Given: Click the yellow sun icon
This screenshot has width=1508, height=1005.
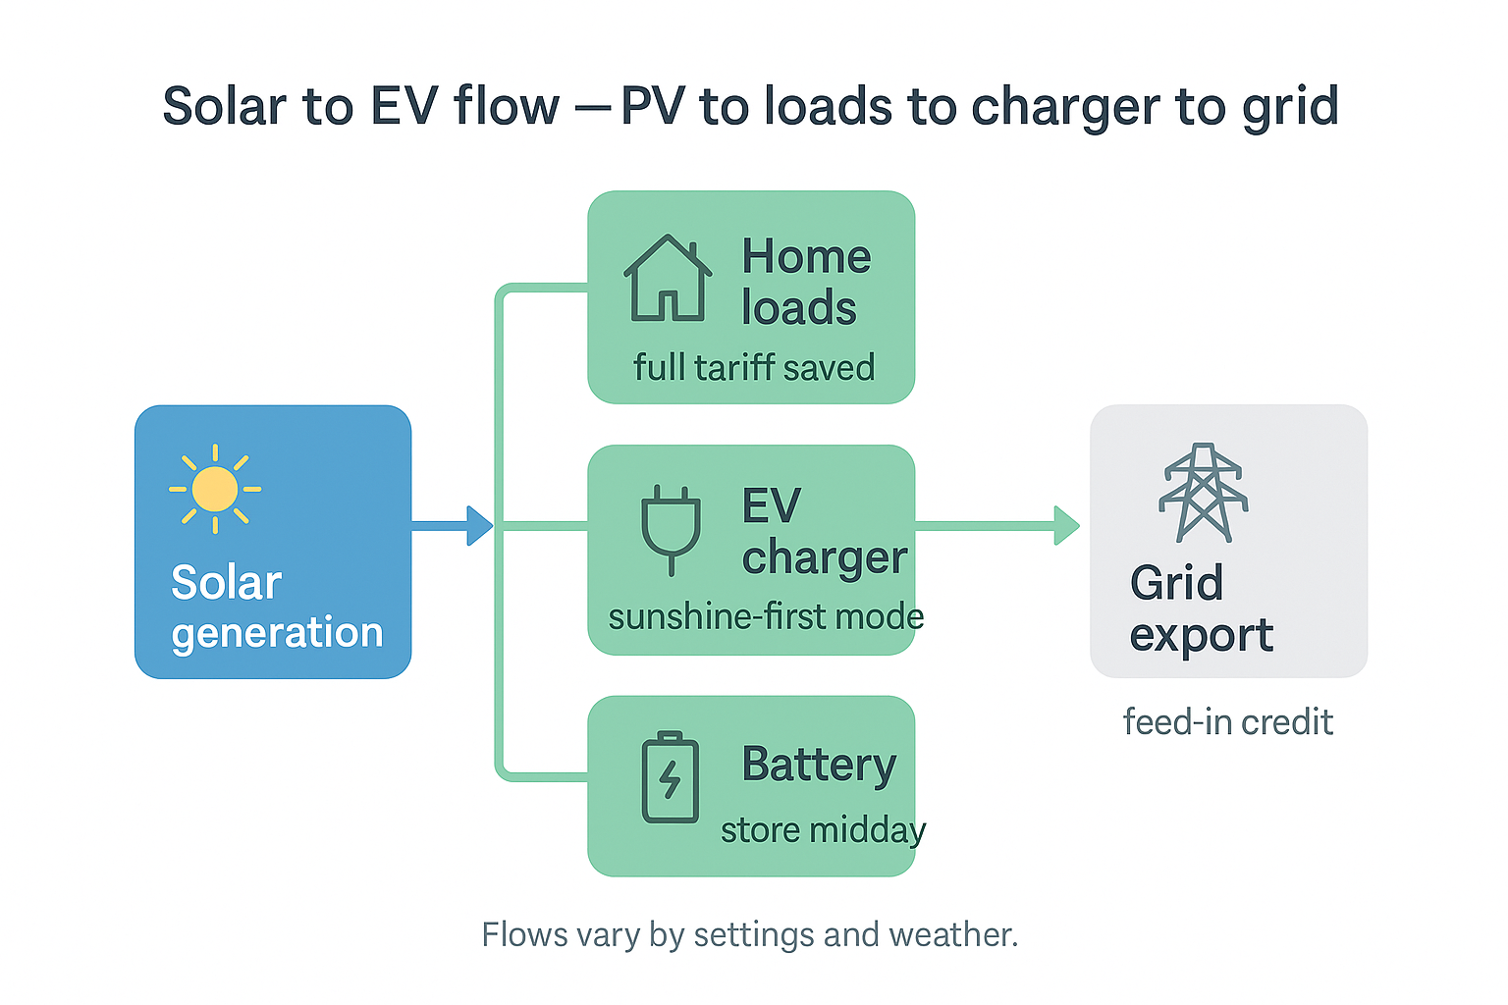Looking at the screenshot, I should coord(215,489).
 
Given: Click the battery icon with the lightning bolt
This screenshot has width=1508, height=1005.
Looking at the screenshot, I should coord(670,778).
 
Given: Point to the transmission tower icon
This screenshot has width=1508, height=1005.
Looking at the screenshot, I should coord(1204,493).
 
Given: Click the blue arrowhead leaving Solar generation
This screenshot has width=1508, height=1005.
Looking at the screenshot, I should coord(479,526).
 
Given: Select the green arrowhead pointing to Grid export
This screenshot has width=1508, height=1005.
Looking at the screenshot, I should coord(1066,526).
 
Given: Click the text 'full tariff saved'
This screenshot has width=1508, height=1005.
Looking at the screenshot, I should coord(753,368).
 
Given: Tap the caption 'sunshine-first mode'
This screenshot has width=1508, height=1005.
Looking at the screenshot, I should coord(766,617).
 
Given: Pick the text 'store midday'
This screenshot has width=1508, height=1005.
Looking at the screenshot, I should coord(823,830).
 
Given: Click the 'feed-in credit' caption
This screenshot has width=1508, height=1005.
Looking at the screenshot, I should coord(1227,722).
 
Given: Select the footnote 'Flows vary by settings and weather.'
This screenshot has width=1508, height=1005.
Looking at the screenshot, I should coord(750,934).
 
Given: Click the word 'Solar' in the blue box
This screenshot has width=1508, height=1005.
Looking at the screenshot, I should coord(226,583).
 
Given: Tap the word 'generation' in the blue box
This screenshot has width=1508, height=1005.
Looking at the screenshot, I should coord(277,633).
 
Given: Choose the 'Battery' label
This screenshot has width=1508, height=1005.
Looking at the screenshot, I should coord(819,765).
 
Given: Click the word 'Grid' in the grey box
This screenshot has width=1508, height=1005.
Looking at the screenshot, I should coord(1176,583).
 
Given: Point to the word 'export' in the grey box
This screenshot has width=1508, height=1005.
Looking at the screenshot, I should coord(1201,635).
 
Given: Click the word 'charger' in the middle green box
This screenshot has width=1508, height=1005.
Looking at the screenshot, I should coord(825,558).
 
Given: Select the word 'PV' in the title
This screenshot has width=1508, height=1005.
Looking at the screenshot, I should coord(653,106).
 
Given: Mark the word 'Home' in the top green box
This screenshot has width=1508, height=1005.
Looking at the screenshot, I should coord(806,257).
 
